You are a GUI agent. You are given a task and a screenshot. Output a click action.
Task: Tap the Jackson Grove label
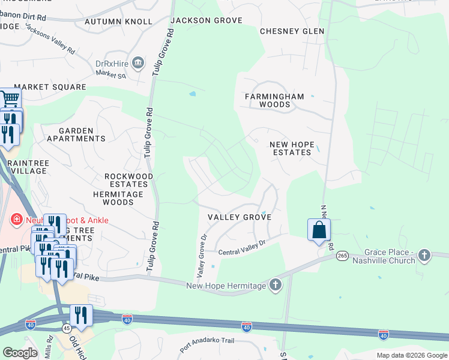click(x=206, y=20)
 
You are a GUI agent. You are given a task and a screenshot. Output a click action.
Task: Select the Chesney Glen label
click(x=292, y=31)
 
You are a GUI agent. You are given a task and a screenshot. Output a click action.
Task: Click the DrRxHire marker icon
click(x=139, y=63)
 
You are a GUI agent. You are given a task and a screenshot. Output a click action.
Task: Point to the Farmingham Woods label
click(x=274, y=100)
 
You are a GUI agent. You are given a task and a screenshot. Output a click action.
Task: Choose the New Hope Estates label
click(x=291, y=148)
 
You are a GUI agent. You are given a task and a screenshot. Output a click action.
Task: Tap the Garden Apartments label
click(x=76, y=134)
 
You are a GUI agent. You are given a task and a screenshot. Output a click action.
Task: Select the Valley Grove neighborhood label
click(x=240, y=217)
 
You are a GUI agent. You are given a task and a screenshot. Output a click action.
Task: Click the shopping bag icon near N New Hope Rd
click(x=319, y=229)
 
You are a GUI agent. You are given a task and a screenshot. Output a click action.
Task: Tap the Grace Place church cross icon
click(x=424, y=254)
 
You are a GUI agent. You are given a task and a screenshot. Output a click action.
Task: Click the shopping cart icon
click(x=10, y=98)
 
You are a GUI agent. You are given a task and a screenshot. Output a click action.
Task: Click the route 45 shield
click(x=66, y=329)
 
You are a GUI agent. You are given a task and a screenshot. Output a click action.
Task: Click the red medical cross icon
click(x=17, y=220)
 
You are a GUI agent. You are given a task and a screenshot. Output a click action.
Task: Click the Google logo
click(x=20, y=353)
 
